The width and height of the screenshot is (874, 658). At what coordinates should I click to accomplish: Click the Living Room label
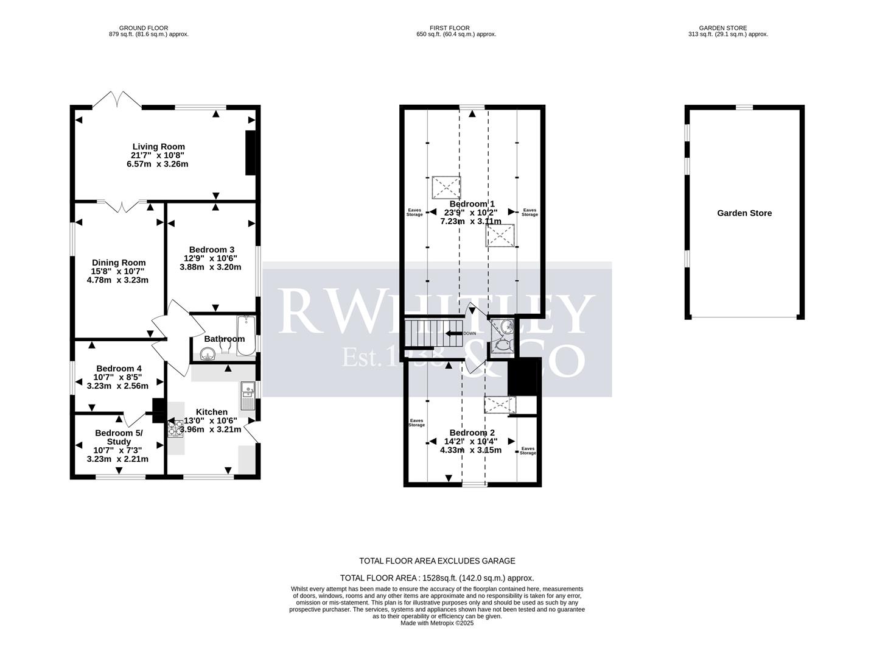pyautogui.click(x=158, y=147)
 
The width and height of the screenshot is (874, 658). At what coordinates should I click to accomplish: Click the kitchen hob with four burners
pyautogui.click(x=175, y=429)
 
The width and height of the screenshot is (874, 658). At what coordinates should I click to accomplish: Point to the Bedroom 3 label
pyautogui.click(x=211, y=250)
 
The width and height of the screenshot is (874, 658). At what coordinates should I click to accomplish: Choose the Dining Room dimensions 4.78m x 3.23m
pyautogui.click(x=117, y=280)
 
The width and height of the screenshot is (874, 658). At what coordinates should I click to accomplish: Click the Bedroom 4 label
pyautogui.click(x=119, y=369)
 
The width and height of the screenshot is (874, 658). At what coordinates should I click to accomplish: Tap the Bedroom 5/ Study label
pyautogui.click(x=119, y=437)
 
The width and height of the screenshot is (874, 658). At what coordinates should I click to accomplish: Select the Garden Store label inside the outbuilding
pyautogui.click(x=744, y=213)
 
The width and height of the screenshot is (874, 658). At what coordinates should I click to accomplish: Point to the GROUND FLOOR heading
pyautogui.click(x=144, y=28)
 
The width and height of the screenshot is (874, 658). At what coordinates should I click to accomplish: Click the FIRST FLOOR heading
pyautogui.click(x=452, y=28)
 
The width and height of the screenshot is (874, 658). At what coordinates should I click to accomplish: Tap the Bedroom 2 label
pyautogui.click(x=472, y=433)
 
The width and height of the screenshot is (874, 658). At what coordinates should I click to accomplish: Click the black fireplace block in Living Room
pyautogui.click(x=250, y=153)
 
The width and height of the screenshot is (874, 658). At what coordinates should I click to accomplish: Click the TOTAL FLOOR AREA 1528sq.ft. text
pyautogui.click(x=436, y=578)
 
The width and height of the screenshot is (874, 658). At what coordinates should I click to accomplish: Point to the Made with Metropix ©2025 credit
pyautogui.click(x=436, y=623)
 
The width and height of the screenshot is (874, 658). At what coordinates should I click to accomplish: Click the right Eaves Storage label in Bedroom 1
pyautogui.click(x=530, y=213)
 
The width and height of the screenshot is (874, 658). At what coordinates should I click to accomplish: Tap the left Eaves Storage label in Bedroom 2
pyautogui.click(x=416, y=423)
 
